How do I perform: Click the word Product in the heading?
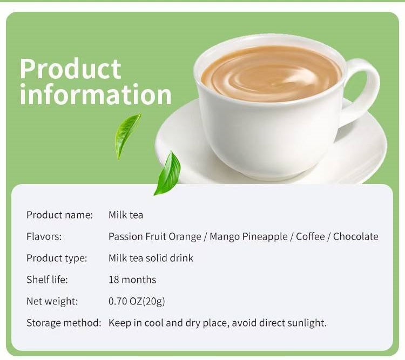(70, 69)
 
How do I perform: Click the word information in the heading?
(96, 94)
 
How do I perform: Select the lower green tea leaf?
(168, 173)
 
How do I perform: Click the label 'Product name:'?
(59, 215)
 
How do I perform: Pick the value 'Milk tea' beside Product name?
(126, 215)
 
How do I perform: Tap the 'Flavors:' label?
(44, 236)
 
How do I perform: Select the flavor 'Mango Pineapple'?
(248, 236)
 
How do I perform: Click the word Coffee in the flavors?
(310, 236)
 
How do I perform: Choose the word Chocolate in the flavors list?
(355, 236)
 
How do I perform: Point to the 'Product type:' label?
(57, 258)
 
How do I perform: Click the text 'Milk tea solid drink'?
(151, 258)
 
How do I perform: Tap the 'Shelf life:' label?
(47, 280)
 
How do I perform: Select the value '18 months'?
(132, 280)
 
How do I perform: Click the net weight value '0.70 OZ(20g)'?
(136, 301)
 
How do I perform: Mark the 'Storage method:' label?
(64, 323)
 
